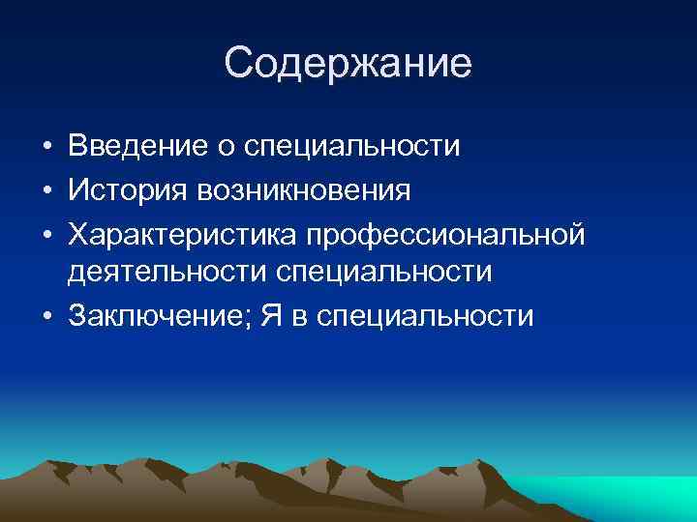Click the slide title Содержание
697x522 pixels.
point(348,64)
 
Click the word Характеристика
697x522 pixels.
point(184,233)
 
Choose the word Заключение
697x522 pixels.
point(153,316)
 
